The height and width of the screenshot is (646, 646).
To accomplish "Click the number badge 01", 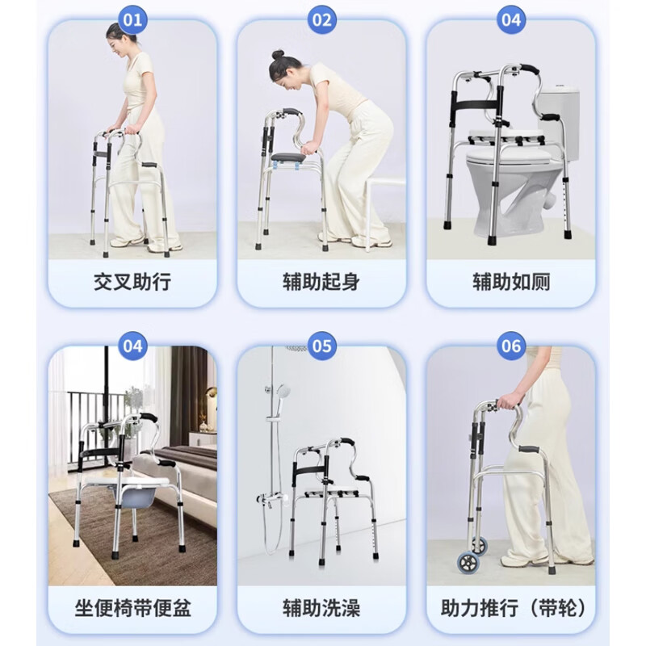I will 133,20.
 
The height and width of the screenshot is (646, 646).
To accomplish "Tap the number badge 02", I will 322,20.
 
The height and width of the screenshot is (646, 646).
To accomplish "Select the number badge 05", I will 322,347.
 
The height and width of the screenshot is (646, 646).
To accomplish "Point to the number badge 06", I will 511,347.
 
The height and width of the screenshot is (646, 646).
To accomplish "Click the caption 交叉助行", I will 133,283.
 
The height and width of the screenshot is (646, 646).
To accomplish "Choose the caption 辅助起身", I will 321,283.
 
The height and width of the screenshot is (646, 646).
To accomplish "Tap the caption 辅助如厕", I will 511,283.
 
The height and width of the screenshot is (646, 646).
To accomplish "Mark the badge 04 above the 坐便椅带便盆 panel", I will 133,347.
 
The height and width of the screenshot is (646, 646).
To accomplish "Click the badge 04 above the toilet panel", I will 511,20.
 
